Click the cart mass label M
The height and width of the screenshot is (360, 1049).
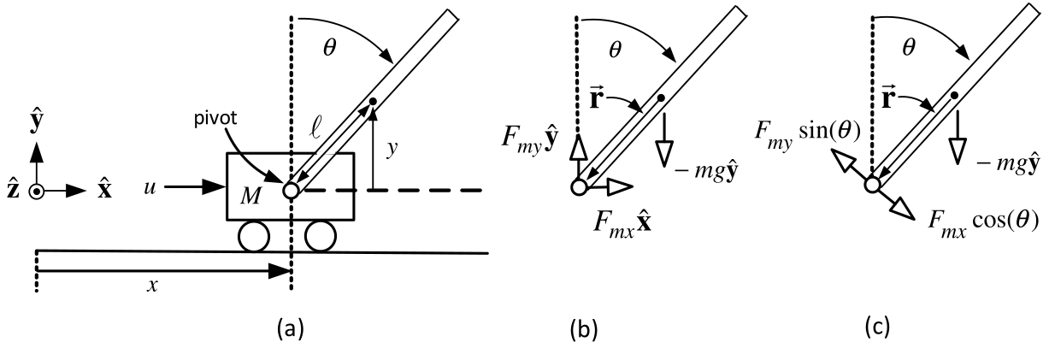[x=250, y=196]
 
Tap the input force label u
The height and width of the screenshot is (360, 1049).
[x=150, y=188]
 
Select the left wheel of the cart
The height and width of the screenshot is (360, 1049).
[x=254, y=236]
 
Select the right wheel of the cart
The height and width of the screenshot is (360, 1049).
[x=321, y=236]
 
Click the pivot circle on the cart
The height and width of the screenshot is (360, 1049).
[x=291, y=190]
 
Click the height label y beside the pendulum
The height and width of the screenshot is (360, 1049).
[x=392, y=149]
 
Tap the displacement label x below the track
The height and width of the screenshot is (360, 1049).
[x=151, y=286]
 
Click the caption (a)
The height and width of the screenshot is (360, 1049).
[x=291, y=328]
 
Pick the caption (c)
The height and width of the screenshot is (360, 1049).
[x=877, y=327]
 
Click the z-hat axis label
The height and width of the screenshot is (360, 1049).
[x=13, y=191]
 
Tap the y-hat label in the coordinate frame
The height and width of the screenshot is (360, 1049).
[x=36, y=121]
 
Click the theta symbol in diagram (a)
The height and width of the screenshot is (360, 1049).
[x=330, y=48]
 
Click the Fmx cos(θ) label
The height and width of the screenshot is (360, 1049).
[x=982, y=223]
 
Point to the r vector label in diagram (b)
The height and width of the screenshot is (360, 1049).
[x=595, y=99]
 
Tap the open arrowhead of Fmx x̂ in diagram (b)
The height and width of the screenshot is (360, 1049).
[x=620, y=186]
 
